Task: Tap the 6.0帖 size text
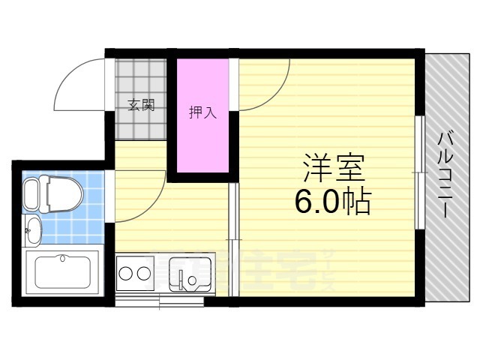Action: (334, 202)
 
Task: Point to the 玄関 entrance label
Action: (140, 104)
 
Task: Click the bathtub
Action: (61, 273)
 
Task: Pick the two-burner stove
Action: (136, 273)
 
